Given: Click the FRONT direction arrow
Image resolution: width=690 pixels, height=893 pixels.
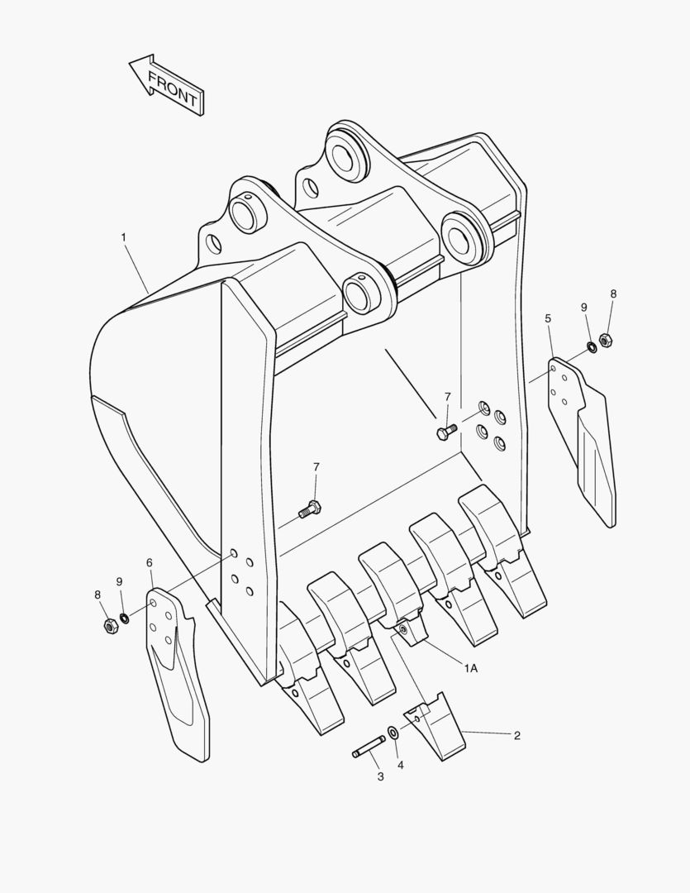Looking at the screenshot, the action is [166, 85].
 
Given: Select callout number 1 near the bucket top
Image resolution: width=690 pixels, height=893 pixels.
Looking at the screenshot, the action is [124, 237].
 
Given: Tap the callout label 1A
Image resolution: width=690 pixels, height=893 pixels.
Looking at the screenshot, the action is [471, 668].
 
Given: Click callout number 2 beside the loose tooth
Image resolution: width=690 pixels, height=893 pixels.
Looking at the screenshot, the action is [517, 735].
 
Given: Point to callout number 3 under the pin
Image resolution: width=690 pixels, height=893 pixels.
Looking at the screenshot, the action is [380, 776].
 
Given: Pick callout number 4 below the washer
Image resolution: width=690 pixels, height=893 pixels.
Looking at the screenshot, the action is [401, 765].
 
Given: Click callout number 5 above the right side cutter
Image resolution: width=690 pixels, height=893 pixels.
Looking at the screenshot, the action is [548, 318].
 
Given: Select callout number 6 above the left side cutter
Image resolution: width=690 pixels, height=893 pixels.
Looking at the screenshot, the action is [150, 563].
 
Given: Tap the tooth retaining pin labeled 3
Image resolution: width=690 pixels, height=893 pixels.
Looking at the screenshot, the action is [369, 747].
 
